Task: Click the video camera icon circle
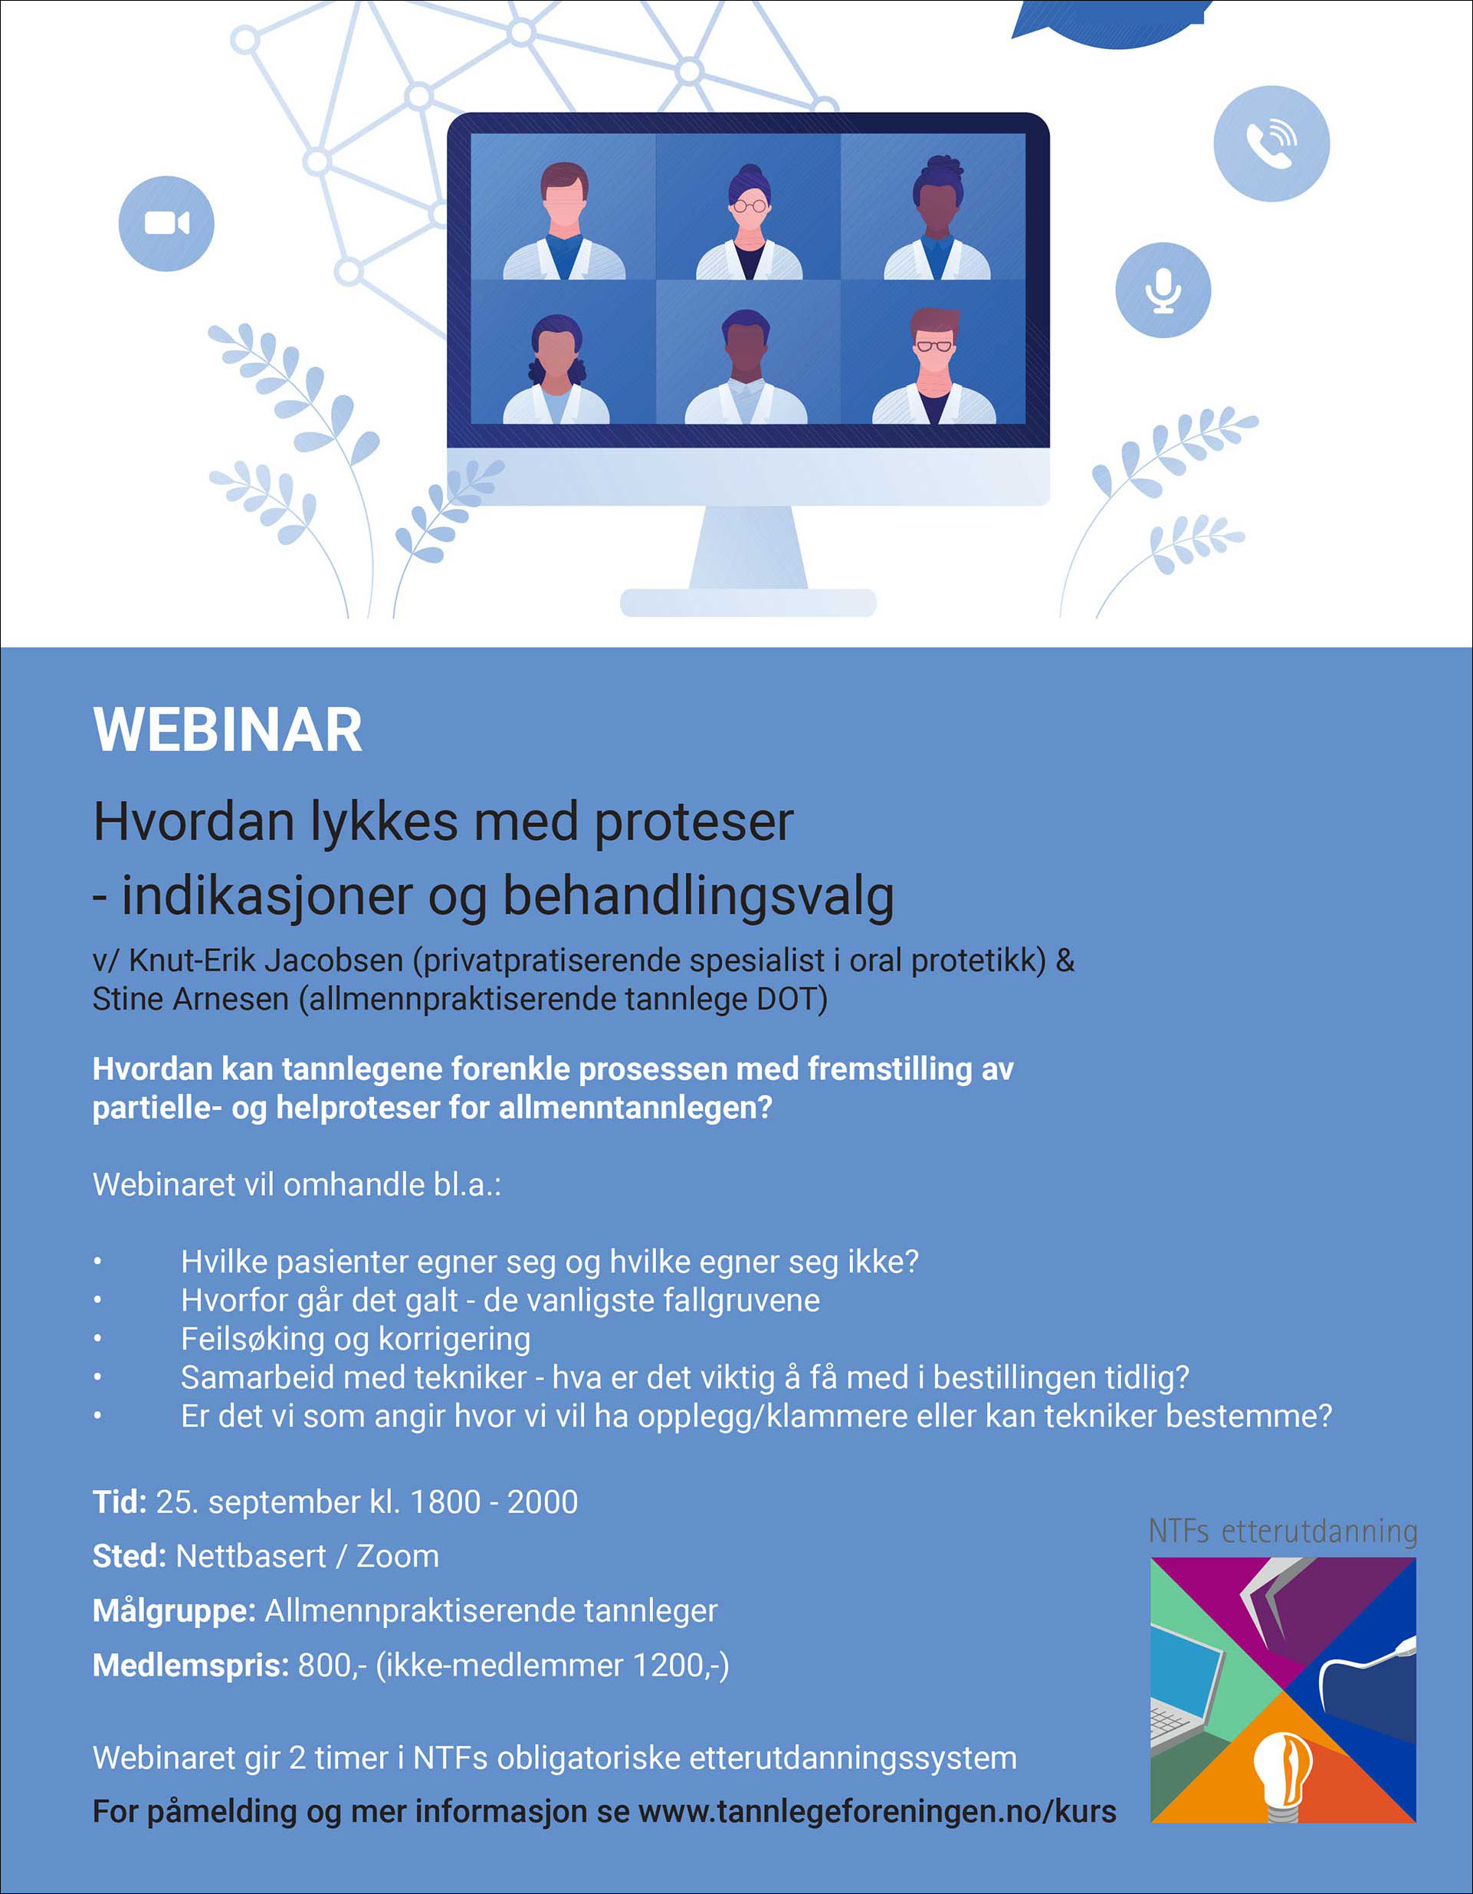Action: point(166,224)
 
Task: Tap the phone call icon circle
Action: point(1271,144)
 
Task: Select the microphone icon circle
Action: point(1163,290)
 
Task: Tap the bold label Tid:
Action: point(120,1502)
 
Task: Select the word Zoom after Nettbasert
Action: point(397,1557)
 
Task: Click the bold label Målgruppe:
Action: point(174,1611)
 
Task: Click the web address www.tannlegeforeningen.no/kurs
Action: point(877,1812)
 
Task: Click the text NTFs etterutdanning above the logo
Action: point(1283,1531)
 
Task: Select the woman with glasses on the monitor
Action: point(748,222)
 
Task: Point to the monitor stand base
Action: point(748,602)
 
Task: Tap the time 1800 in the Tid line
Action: point(445,1502)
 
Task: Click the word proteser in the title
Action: point(694,822)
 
